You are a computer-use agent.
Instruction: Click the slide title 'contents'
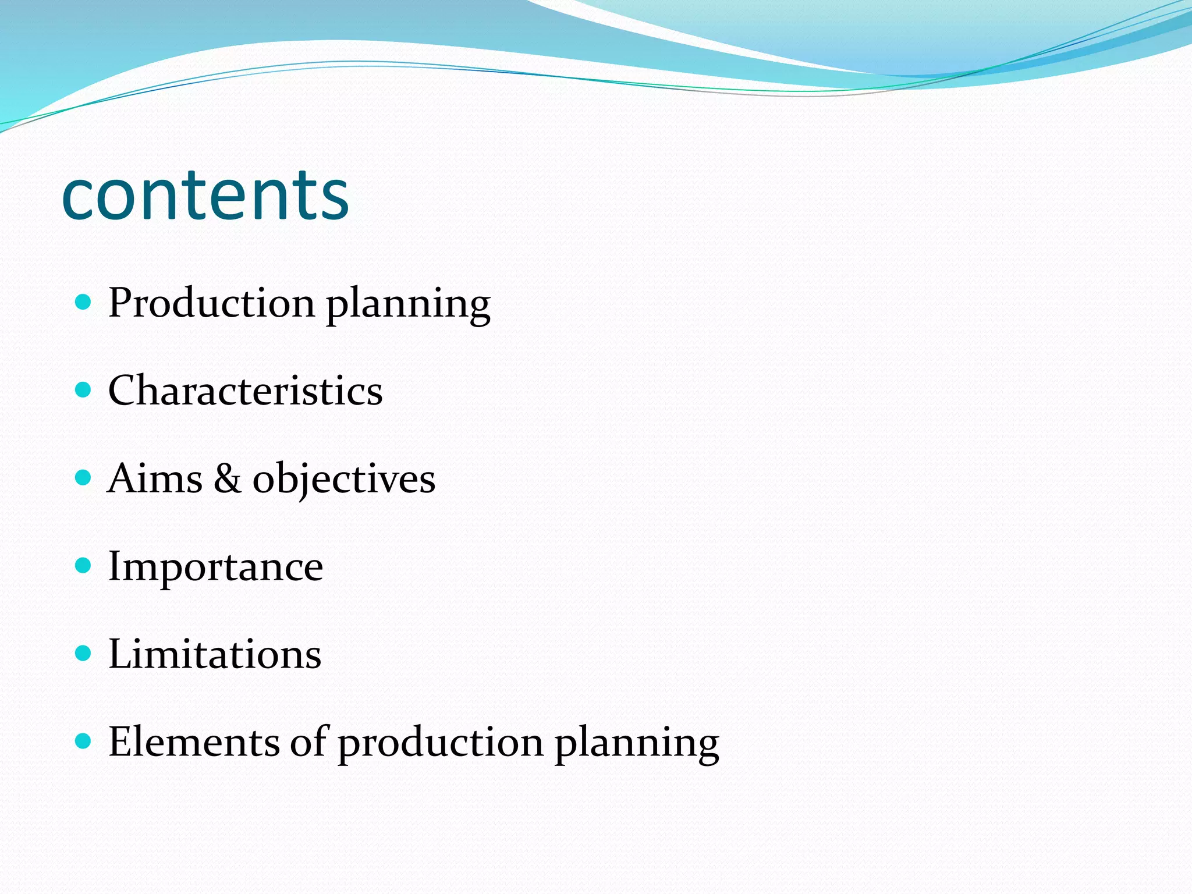pos(205,194)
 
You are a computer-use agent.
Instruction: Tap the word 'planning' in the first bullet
pos(408,305)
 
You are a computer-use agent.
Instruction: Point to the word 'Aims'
pos(155,478)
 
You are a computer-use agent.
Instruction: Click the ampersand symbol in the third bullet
pos(227,478)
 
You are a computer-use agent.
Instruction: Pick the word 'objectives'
pos(343,480)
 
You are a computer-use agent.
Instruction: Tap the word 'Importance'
pos(215,566)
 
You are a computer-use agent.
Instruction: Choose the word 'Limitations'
pos(215,654)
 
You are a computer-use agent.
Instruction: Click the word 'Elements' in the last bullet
pos(194,742)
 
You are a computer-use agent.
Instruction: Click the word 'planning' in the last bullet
pos(637,744)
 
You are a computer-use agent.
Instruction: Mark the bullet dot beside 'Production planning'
pos(84,301)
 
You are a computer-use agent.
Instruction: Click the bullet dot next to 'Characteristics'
pos(84,389)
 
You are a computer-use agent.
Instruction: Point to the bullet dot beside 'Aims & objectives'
pos(84,478)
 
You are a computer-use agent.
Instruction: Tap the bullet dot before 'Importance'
pos(84,565)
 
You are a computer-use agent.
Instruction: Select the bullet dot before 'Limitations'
pos(84,653)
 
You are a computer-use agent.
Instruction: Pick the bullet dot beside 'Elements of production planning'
pos(84,741)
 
